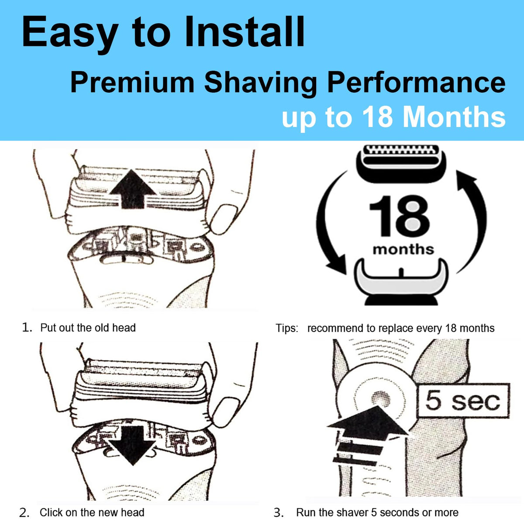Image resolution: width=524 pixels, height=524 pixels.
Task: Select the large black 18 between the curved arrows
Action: [400, 217]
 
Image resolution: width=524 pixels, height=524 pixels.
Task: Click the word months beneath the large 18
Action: [403, 250]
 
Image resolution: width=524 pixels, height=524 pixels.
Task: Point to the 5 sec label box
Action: [463, 400]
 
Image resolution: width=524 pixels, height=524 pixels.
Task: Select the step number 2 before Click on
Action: [24, 513]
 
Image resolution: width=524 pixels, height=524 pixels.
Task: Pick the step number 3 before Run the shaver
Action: [279, 513]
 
